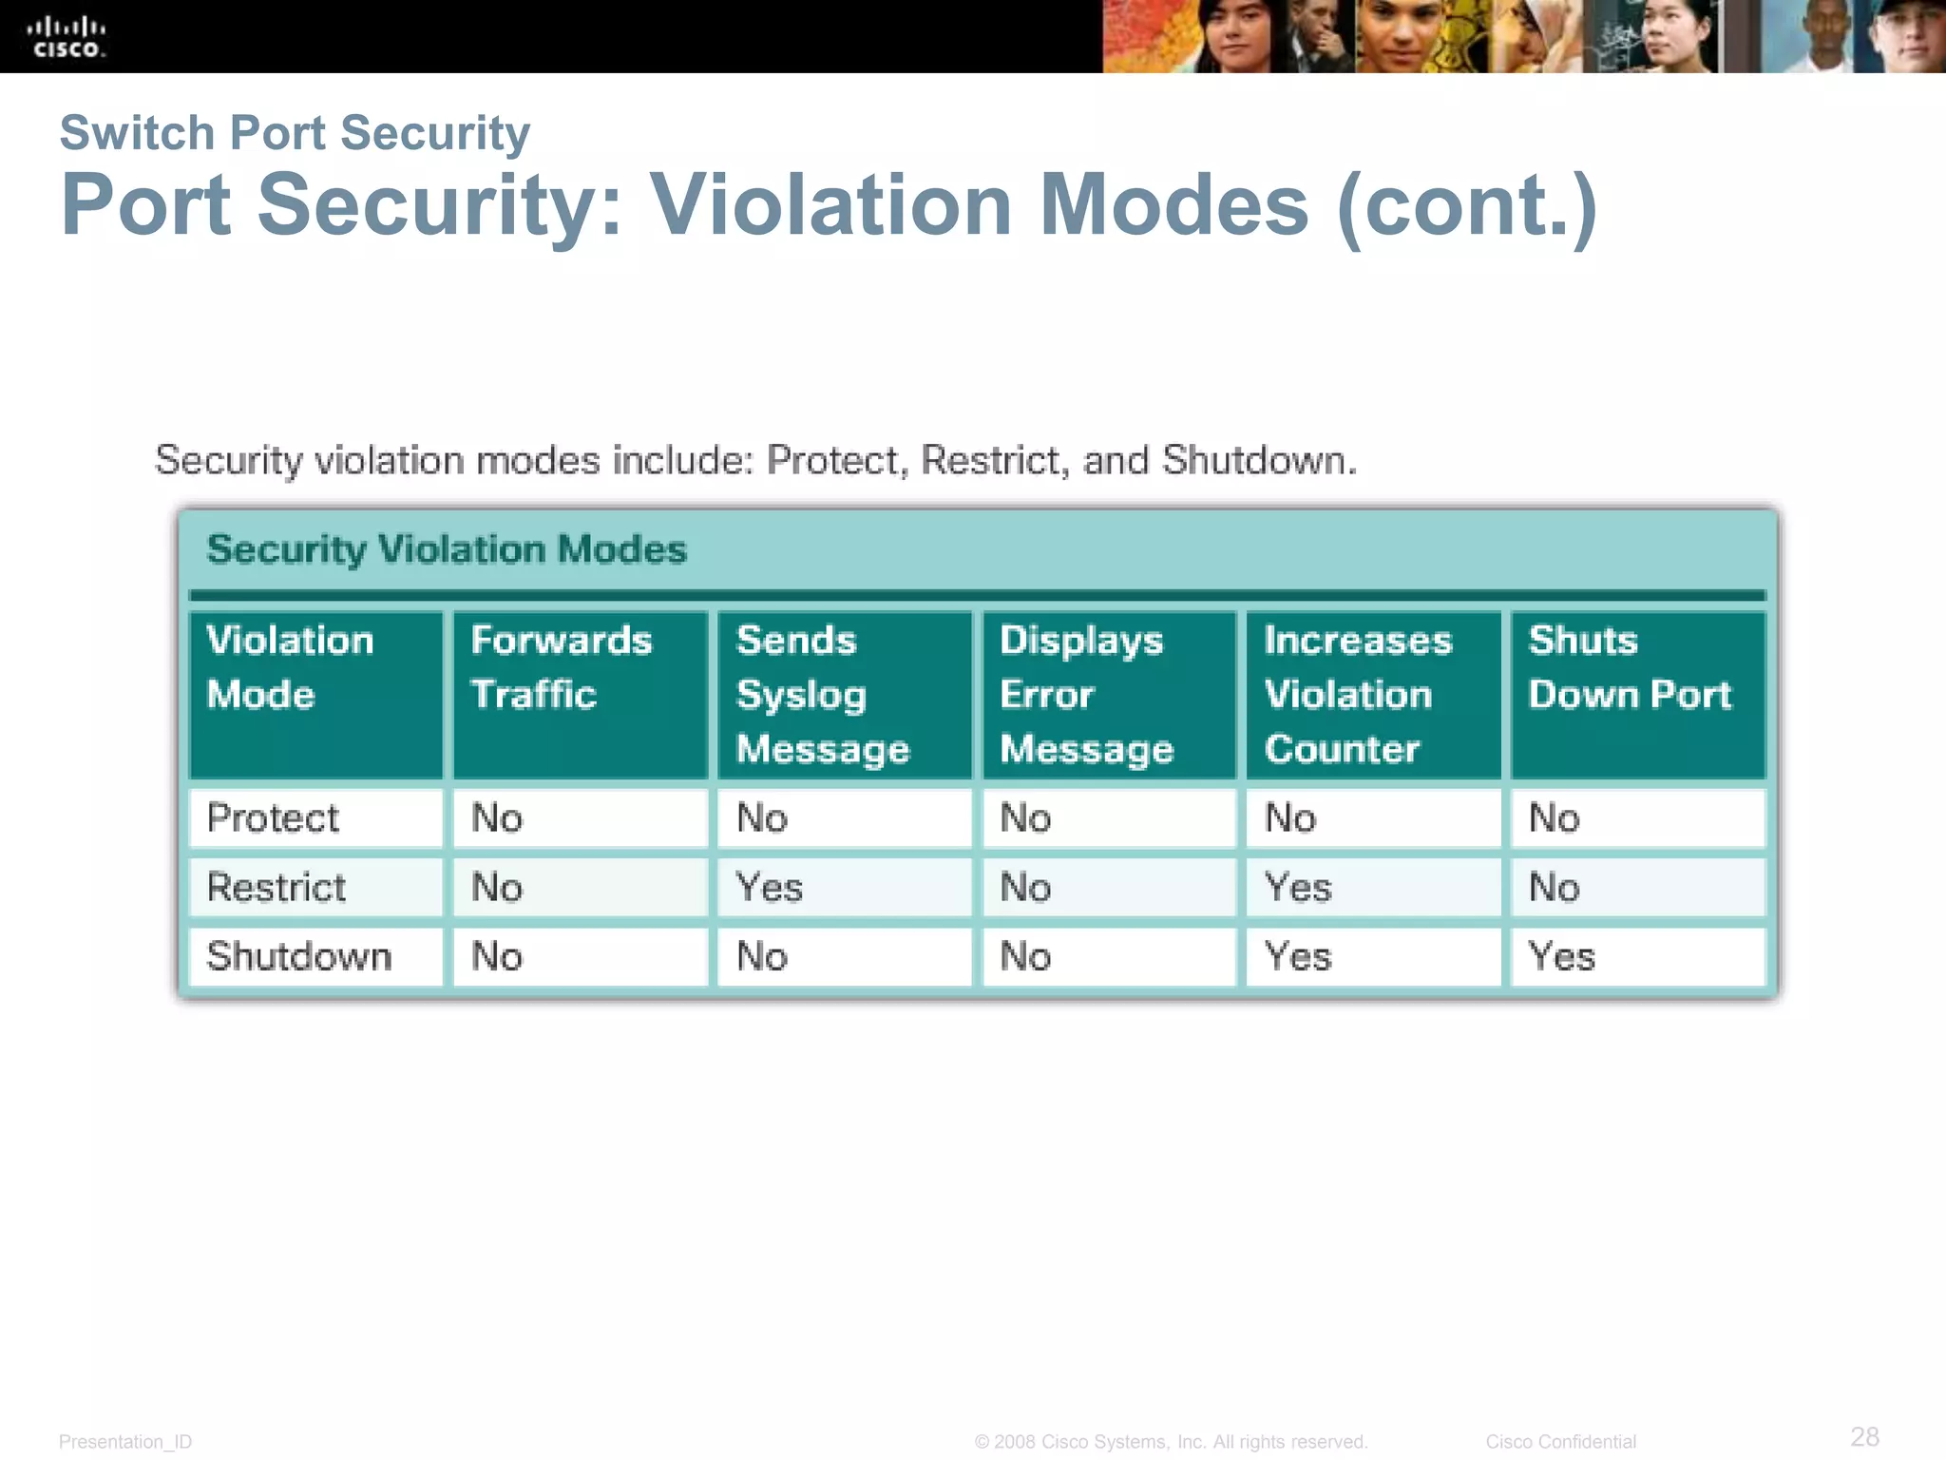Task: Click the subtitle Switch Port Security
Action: click(295, 133)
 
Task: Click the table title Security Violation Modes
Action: click(447, 549)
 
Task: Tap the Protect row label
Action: click(273, 818)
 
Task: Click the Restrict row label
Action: click(277, 888)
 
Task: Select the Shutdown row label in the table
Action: click(299, 956)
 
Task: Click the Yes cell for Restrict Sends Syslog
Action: click(770, 888)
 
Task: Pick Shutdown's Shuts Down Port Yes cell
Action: click(1562, 956)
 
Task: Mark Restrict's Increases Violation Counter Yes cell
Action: click(1298, 888)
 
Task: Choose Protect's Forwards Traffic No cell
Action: click(497, 818)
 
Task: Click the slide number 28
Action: click(1864, 1436)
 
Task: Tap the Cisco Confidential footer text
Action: click(1560, 1442)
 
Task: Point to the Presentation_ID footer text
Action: click(125, 1442)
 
